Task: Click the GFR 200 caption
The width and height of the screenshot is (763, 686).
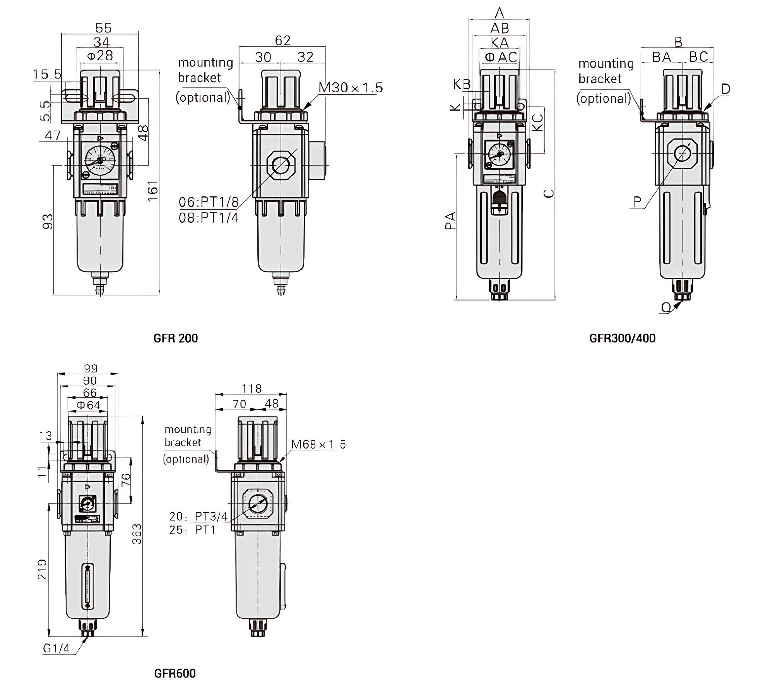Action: (175, 338)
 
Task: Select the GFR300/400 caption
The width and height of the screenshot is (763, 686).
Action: (622, 338)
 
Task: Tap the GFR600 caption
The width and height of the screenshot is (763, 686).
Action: (175, 673)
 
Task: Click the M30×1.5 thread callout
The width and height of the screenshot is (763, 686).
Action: (351, 88)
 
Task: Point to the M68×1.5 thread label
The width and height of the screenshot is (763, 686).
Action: (318, 444)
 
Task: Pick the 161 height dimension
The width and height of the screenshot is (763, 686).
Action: (153, 190)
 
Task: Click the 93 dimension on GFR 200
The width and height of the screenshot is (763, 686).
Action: (48, 221)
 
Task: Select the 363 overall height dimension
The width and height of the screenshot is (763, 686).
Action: (137, 534)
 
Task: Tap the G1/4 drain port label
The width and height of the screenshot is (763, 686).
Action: (56, 648)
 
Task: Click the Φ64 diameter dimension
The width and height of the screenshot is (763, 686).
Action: (89, 405)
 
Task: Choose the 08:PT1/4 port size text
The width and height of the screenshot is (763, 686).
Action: (209, 218)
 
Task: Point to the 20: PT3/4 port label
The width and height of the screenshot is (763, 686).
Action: (198, 516)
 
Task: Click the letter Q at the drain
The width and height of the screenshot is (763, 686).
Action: (666, 307)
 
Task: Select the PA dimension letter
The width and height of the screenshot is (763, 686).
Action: (450, 221)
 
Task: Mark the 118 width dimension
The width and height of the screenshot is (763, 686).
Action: (251, 388)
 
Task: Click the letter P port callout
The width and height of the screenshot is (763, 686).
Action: (637, 201)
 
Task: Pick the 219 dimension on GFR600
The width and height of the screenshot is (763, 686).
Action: (42, 569)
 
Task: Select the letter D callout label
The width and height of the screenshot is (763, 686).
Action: (725, 89)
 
